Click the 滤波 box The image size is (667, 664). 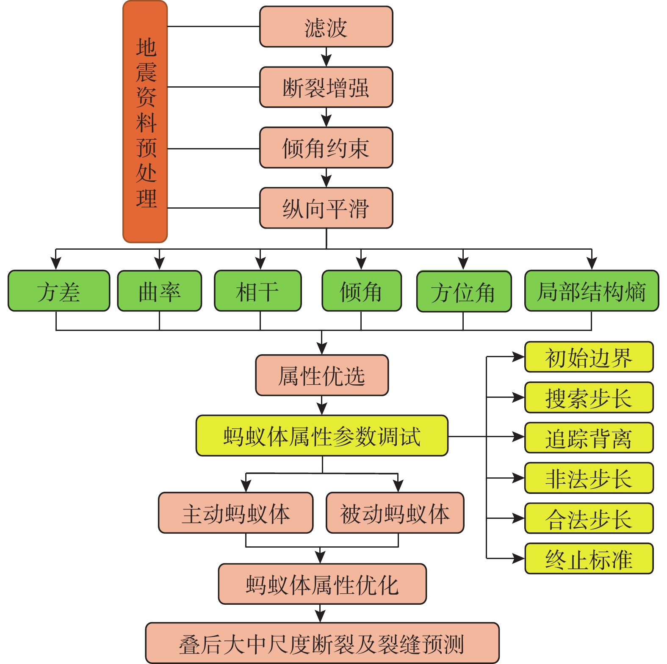[326, 27]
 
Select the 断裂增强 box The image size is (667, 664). [326, 87]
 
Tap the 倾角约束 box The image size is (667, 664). [326, 148]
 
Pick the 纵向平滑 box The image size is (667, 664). [326, 208]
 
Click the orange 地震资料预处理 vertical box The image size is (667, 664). [145, 122]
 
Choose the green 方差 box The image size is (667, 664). [59, 291]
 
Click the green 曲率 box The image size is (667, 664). [159, 291]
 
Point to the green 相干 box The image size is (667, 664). [258, 291]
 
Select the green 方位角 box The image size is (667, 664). [464, 292]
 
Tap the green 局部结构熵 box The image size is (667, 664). [592, 291]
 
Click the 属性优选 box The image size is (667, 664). [322, 375]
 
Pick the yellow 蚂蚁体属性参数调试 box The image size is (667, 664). [322, 436]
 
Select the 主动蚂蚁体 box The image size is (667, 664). [236, 513]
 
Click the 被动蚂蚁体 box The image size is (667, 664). [395, 513]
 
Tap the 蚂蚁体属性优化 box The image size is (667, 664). [322, 584]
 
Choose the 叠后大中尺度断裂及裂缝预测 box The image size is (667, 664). [322, 643]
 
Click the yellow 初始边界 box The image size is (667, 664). [589, 357]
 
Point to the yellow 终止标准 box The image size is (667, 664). [589, 559]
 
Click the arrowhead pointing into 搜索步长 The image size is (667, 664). [518, 397]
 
